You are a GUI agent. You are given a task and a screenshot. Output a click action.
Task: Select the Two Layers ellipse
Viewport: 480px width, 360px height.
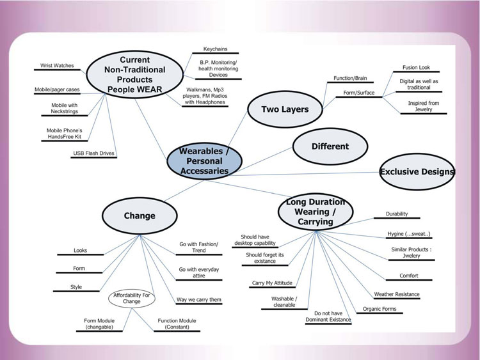(x=285, y=109)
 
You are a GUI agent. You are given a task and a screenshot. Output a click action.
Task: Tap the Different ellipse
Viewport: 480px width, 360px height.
(x=330, y=146)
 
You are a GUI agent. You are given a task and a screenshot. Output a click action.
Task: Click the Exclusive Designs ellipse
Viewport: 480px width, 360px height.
(x=417, y=171)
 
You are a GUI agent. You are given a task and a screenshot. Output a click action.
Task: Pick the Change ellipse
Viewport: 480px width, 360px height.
(x=140, y=215)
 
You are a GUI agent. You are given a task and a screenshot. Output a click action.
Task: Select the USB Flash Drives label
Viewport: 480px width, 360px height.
(x=89, y=154)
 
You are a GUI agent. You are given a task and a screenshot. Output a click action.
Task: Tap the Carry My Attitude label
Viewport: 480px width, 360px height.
(x=272, y=283)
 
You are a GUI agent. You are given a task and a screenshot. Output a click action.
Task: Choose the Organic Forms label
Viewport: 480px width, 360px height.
(x=380, y=309)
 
